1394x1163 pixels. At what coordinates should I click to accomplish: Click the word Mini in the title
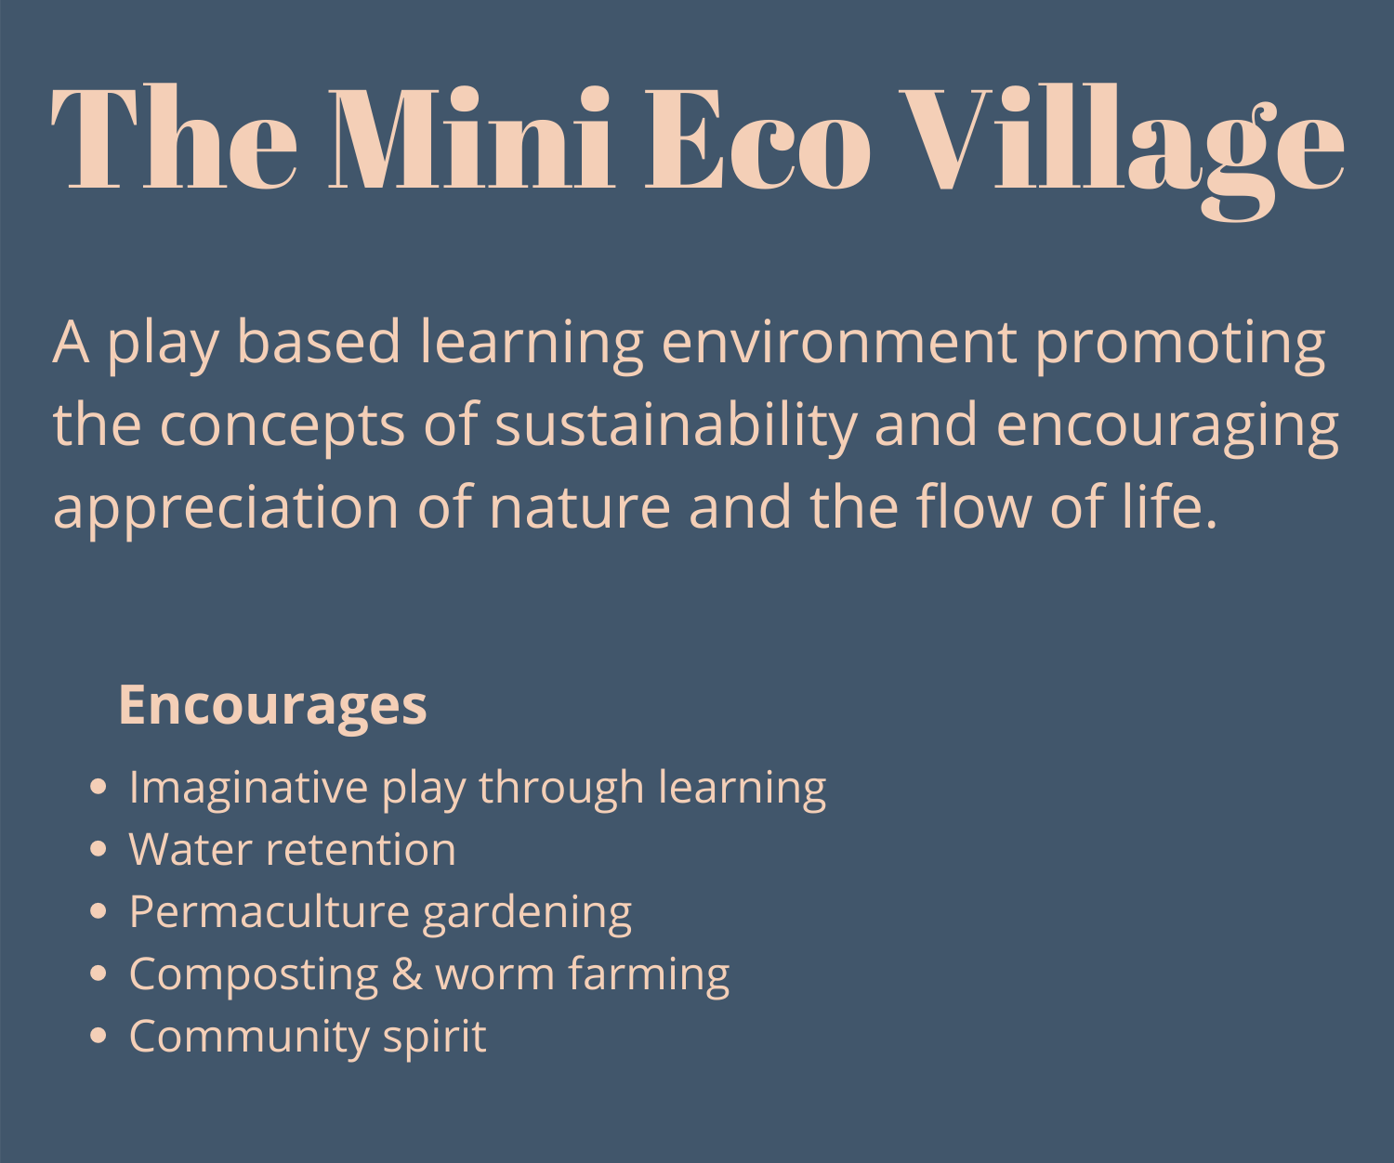[470, 137]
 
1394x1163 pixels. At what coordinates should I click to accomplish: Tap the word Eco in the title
[757, 138]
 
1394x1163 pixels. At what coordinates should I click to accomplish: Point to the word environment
[839, 343]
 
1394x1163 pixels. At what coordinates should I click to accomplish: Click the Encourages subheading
[272, 706]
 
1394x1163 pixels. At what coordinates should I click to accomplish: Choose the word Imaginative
[248, 791]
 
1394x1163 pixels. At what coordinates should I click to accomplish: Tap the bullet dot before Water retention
[99, 849]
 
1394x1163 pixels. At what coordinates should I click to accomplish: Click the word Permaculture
[270, 911]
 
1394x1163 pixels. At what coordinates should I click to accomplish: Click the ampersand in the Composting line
[407, 974]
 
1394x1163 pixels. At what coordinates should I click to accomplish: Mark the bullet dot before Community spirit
[99, 1036]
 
